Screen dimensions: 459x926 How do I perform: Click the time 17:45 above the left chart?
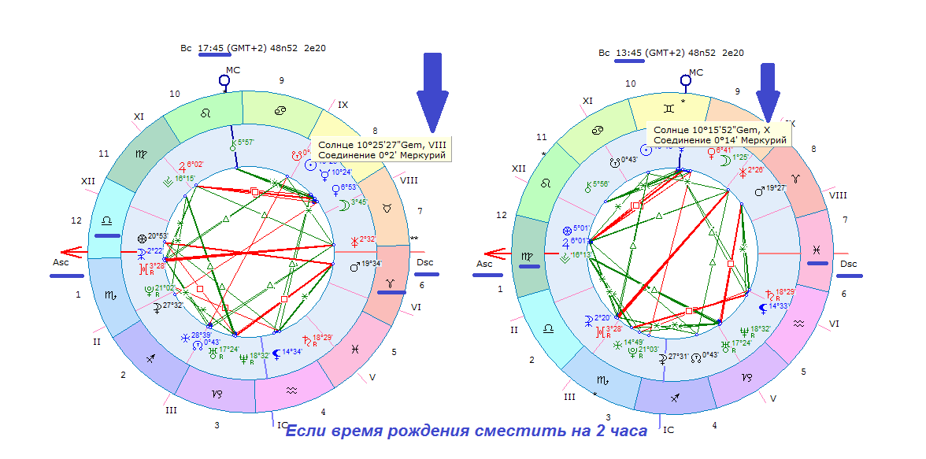tap(212, 49)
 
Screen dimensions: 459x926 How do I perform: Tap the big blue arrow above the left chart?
tap(432, 91)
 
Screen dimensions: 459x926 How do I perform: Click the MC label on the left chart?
tap(232, 70)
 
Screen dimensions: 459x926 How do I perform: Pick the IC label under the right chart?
tap(669, 430)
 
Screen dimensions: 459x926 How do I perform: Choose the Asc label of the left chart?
tap(60, 262)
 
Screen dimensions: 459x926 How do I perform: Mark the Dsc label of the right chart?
tap(848, 264)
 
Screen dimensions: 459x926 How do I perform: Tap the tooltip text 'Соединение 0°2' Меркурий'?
tap(383, 155)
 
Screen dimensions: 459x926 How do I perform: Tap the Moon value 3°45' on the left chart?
tap(357, 202)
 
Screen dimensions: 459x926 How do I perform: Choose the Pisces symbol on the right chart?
tap(814, 250)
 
